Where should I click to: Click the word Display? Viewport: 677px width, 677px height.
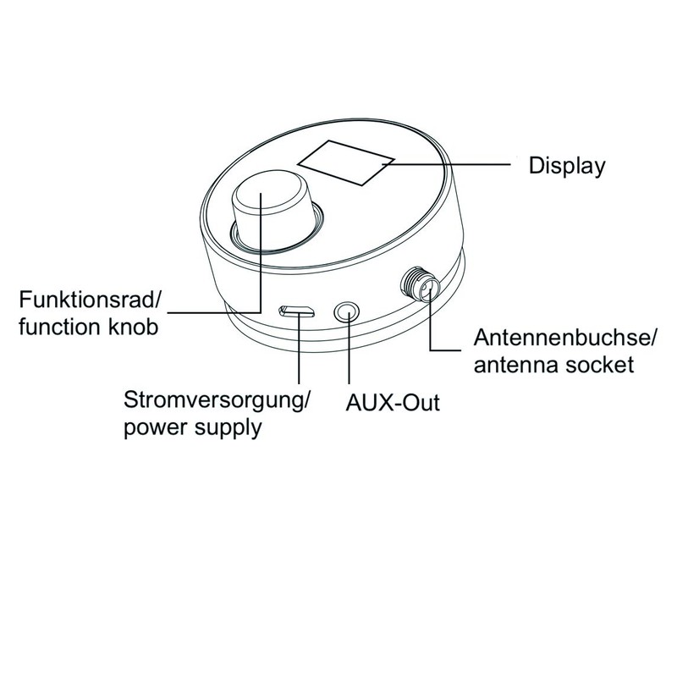[567, 165]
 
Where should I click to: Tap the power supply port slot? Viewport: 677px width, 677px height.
[297, 312]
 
